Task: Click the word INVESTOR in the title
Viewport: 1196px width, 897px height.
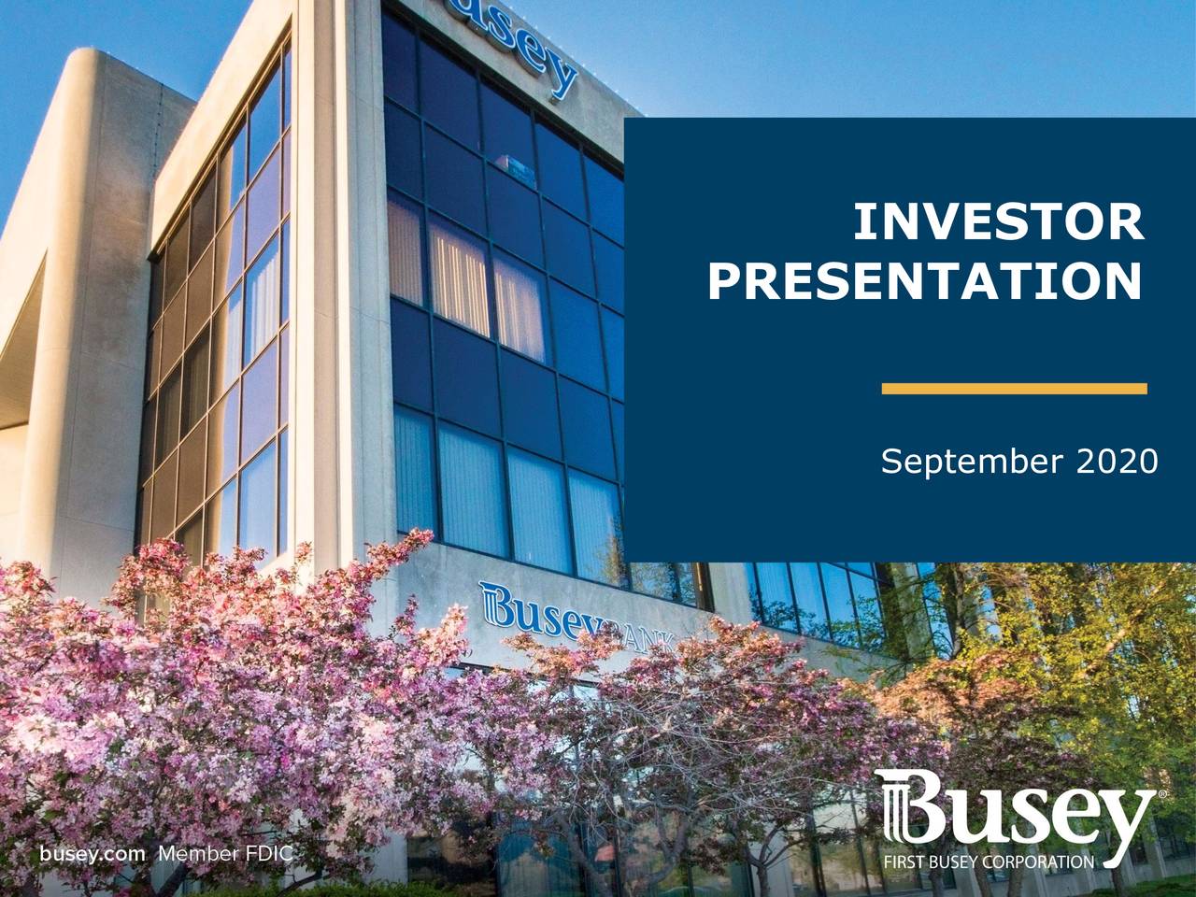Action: [998, 222]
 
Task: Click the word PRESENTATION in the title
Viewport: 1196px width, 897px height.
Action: [924, 280]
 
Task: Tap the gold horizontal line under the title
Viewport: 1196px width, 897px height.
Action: [1014, 388]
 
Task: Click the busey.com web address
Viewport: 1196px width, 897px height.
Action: [93, 853]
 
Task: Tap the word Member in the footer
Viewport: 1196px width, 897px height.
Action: [192, 853]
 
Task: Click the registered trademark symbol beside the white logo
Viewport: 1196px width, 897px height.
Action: [1161, 793]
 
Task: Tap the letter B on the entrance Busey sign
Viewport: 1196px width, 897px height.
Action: [498, 604]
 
